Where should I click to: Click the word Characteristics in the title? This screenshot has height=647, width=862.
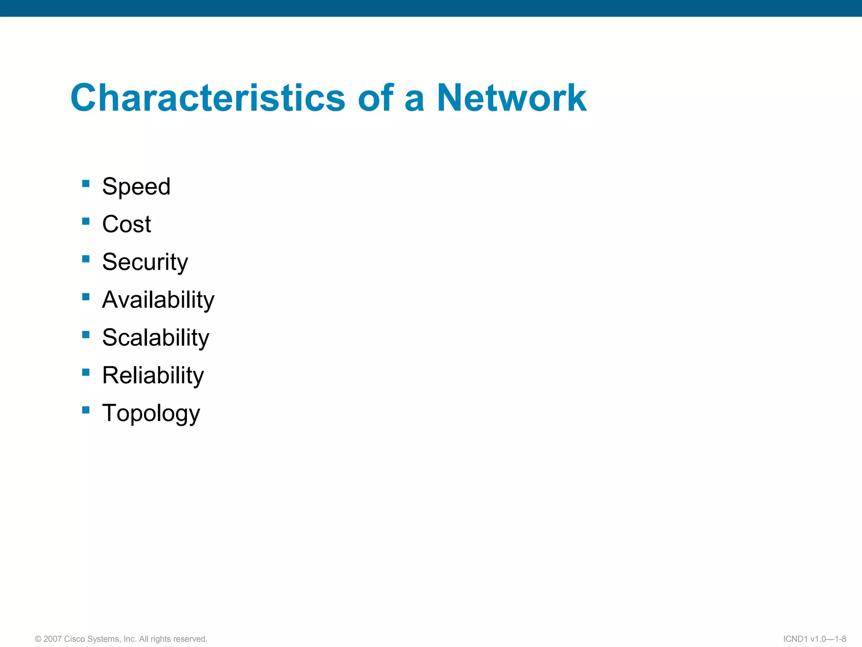point(208,98)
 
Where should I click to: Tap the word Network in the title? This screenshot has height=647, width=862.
point(511,98)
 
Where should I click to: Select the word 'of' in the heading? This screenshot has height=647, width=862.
point(376,98)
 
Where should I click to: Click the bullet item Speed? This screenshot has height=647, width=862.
point(136,187)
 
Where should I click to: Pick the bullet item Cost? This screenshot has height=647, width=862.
point(126,224)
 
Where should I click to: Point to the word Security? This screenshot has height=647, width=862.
point(145,262)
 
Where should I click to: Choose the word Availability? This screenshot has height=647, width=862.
point(158,300)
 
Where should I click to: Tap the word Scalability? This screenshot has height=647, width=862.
point(155,337)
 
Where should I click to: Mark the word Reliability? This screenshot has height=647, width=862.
point(153,375)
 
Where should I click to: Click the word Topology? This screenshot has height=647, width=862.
point(151,413)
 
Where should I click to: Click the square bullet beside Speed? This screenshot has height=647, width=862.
point(86,183)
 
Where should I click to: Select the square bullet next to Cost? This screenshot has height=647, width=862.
point(86,221)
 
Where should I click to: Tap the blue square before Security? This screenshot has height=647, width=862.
point(86,259)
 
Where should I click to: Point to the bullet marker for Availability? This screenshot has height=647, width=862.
point(86,297)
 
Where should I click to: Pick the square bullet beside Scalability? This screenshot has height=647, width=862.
point(86,334)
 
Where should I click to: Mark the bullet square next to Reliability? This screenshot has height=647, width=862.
point(86,372)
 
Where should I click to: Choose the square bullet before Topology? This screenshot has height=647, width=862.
point(86,410)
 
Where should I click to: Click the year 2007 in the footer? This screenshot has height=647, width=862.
point(52,639)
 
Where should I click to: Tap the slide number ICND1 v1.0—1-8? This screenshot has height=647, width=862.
point(814,639)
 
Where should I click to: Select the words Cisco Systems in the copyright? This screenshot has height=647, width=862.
point(93,639)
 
